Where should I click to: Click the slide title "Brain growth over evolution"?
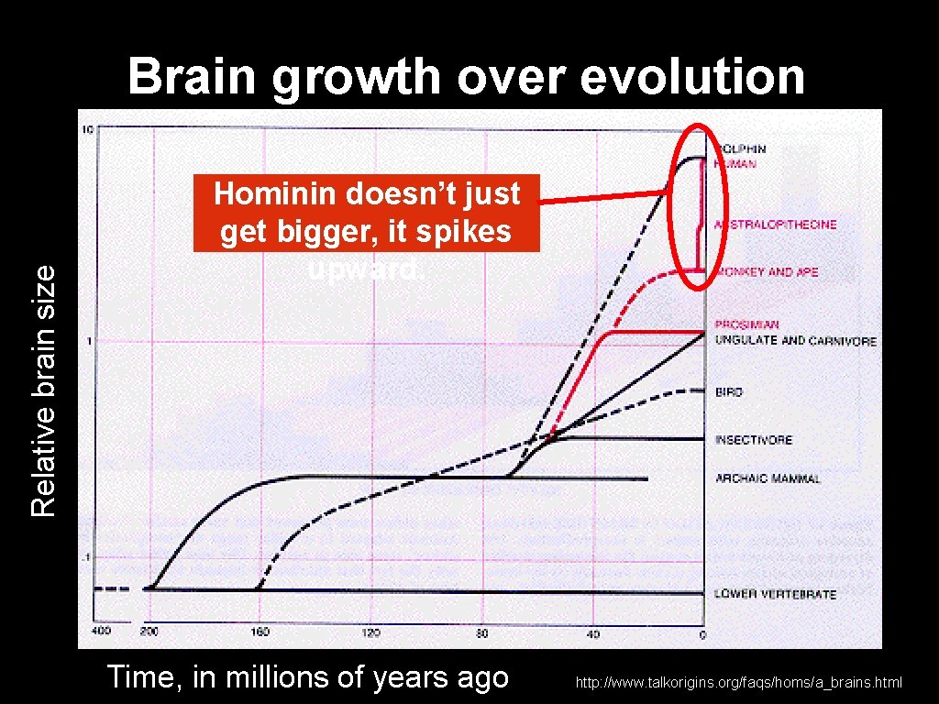point(467,77)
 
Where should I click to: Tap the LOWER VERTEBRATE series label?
point(775,594)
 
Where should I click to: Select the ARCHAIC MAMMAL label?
point(768,478)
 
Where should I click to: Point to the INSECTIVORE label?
point(754,440)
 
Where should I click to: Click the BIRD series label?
point(729,392)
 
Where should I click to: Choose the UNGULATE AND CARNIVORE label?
point(795,341)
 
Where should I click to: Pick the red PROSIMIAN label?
point(747,324)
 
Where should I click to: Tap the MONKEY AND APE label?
point(767,272)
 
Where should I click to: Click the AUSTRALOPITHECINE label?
point(777,225)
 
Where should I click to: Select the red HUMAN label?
point(735,164)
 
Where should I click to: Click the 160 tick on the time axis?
point(262,633)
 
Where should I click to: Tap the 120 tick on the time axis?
point(371,633)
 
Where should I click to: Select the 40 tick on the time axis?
point(593,633)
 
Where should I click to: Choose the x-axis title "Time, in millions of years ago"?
point(307,677)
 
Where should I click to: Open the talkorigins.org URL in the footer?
point(739,682)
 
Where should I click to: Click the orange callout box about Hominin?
point(367,214)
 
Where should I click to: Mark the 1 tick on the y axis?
point(88,341)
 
